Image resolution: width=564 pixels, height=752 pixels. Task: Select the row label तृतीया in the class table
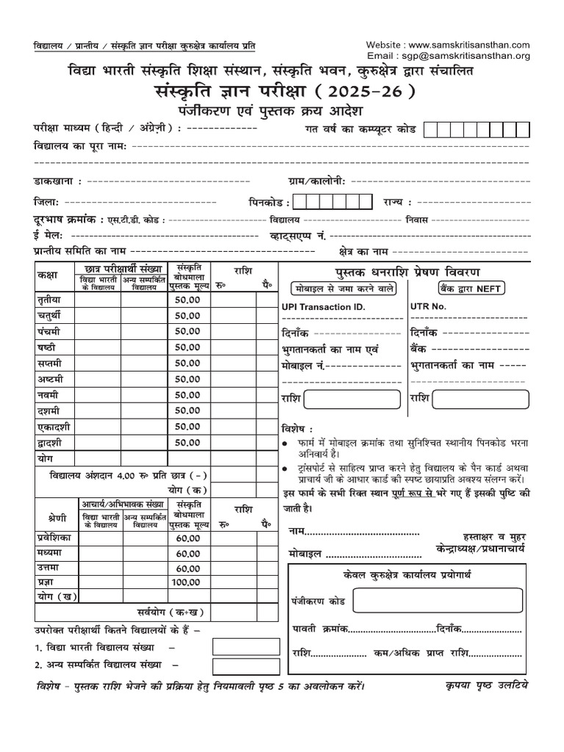coord(51,300)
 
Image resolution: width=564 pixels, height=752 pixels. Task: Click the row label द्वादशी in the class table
coord(52,442)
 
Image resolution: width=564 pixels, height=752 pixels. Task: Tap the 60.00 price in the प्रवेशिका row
coord(187,538)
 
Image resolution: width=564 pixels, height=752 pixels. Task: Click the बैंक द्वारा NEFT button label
coord(470,289)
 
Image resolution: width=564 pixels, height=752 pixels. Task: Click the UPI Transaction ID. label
coord(322,306)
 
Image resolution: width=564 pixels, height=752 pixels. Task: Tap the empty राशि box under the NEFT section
coord(480,399)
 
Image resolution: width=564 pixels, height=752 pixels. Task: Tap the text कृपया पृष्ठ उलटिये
coord(486,686)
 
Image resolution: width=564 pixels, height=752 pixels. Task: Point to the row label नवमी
coord(48,395)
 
